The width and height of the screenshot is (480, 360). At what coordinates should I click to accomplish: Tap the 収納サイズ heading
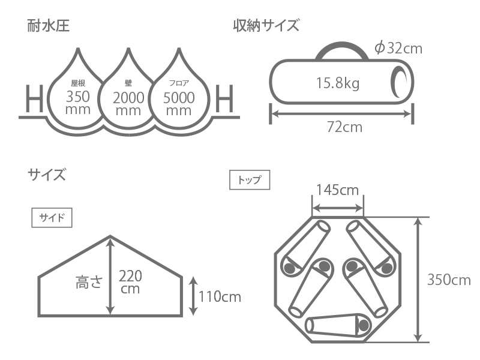[x=266, y=26]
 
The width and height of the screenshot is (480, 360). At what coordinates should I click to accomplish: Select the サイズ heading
[x=46, y=175]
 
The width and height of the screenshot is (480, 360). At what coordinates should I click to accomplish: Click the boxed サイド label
[x=52, y=217]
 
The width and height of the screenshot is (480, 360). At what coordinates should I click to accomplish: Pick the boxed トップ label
[x=250, y=180]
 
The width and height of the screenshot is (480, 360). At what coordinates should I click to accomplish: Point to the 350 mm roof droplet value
[x=78, y=103]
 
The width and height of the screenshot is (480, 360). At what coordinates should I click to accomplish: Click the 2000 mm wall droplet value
[x=128, y=104]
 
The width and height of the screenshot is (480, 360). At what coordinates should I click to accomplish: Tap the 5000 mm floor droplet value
[x=179, y=104]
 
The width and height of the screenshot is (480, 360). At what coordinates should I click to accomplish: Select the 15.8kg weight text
[x=337, y=83]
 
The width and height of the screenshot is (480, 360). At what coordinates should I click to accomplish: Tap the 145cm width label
[x=337, y=190]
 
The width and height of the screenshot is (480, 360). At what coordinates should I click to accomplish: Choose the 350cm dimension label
[x=449, y=280]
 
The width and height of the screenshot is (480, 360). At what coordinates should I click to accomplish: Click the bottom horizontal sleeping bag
[x=338, y=325]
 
